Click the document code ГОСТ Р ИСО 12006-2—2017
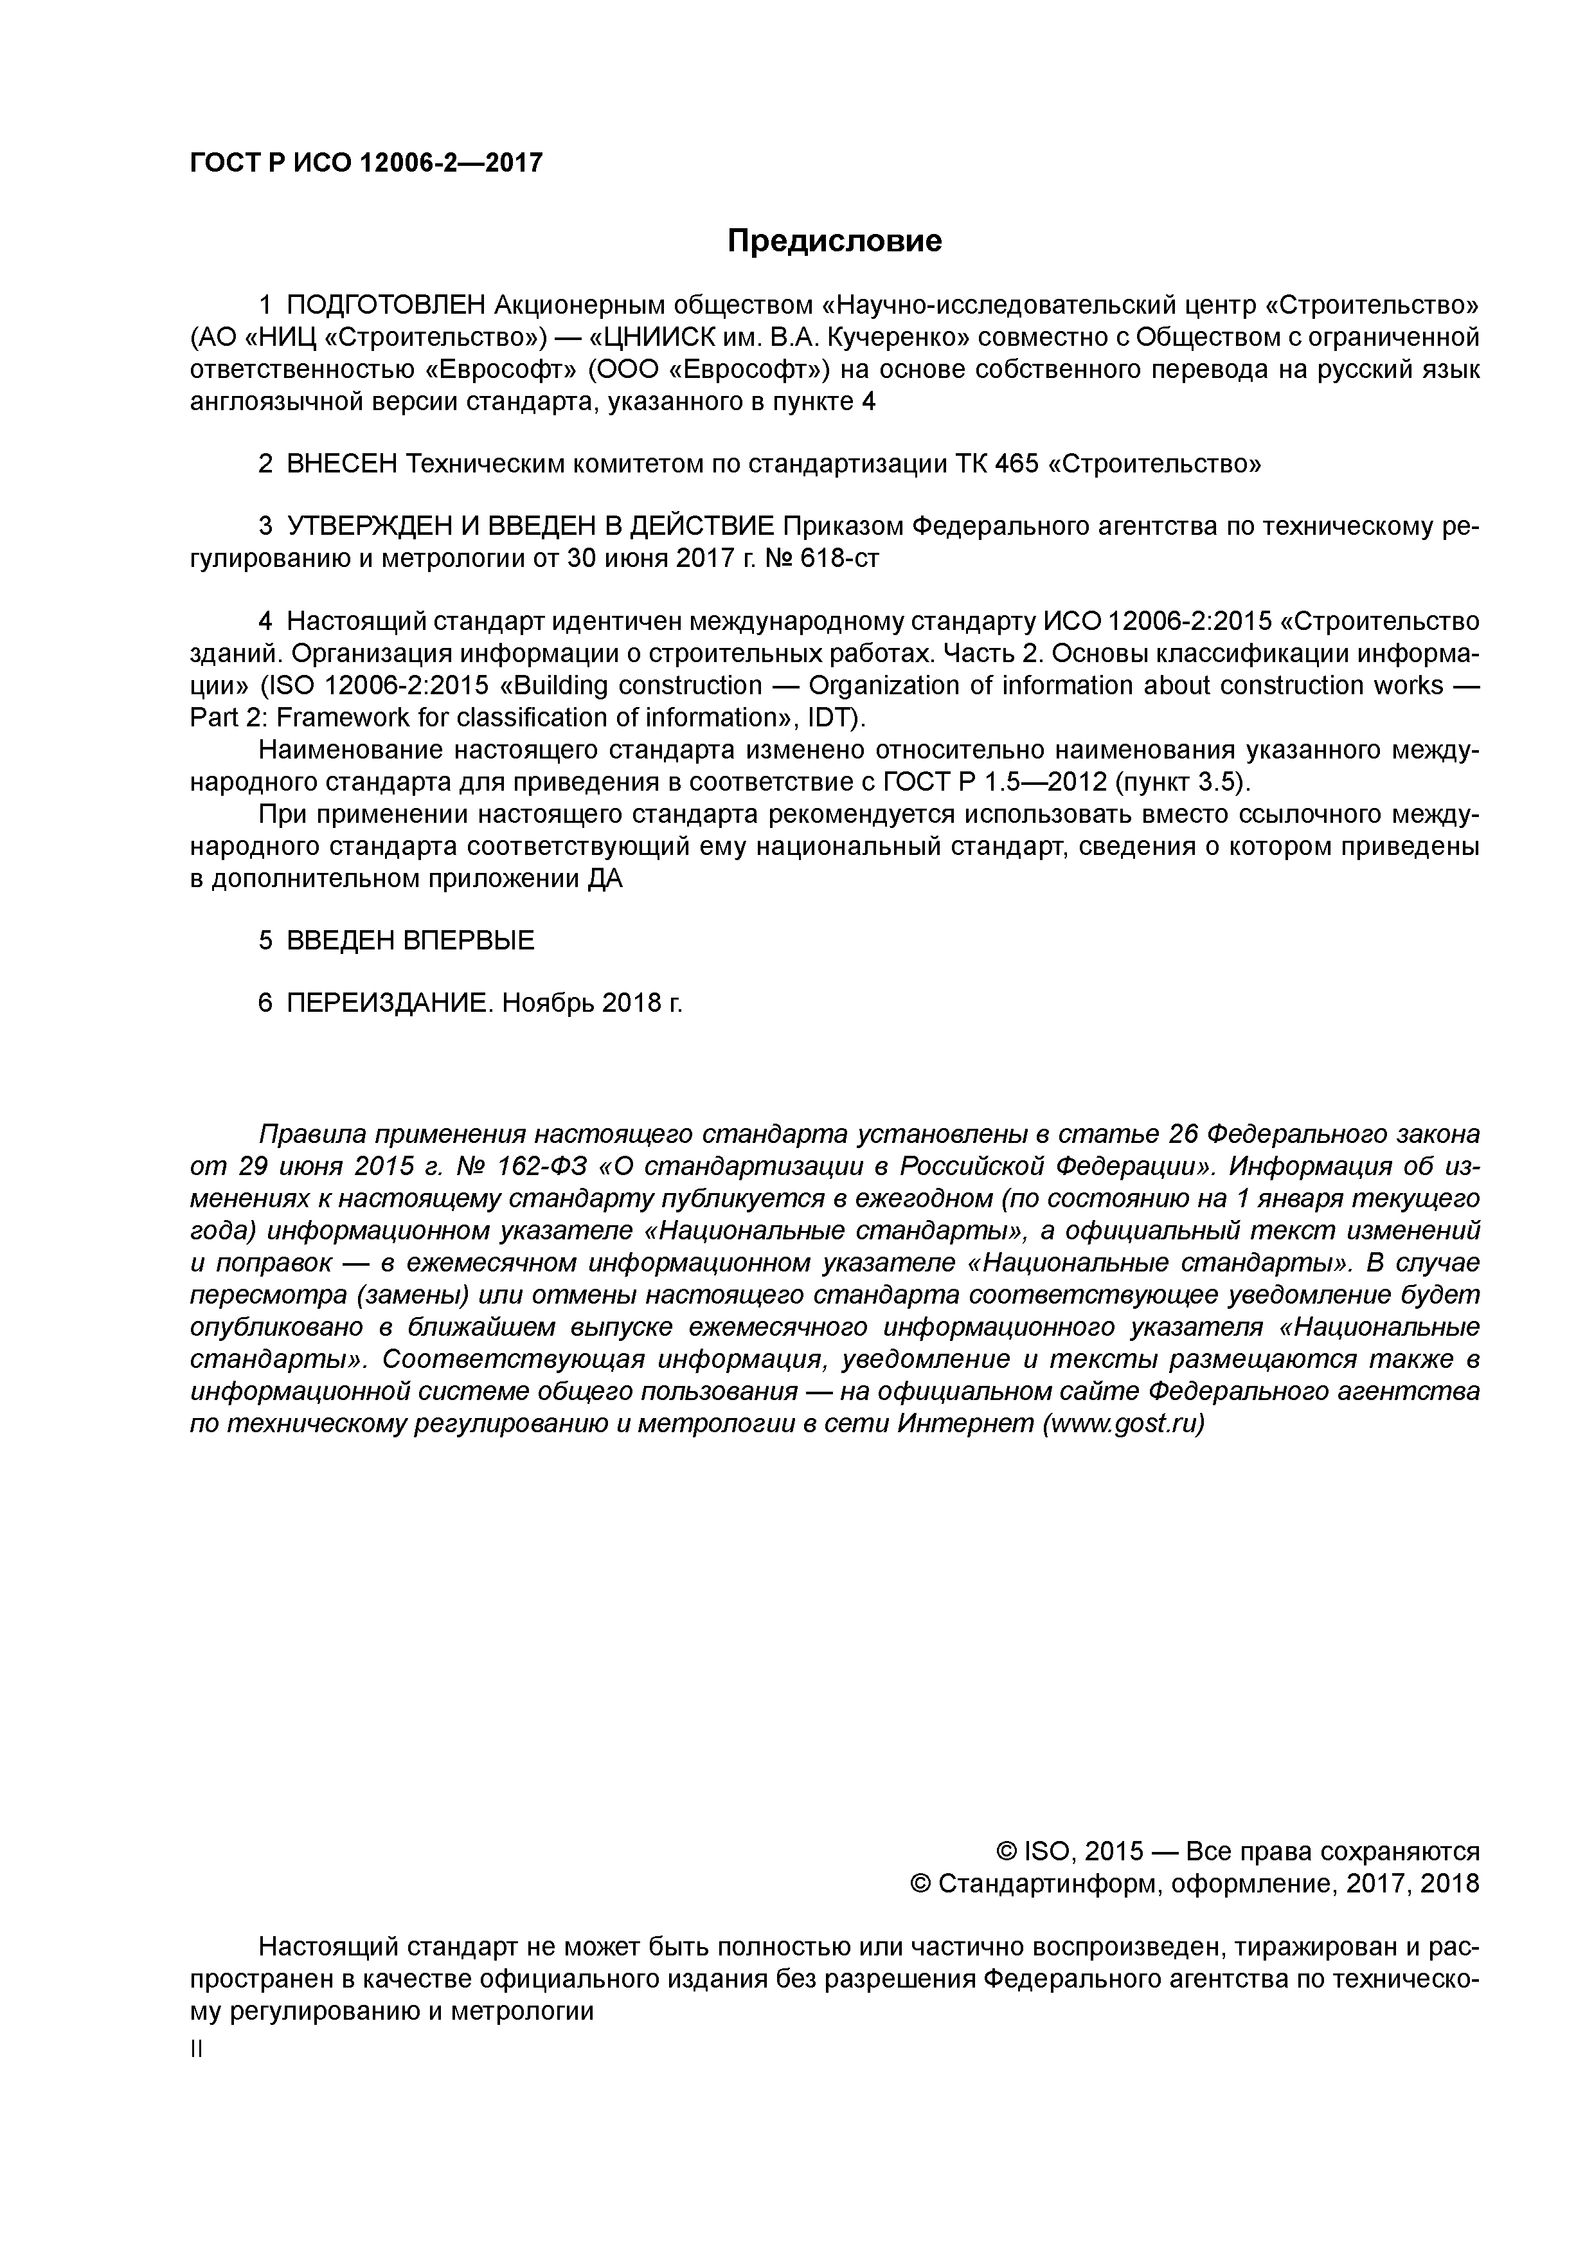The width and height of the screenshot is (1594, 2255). click(x=365, y=163)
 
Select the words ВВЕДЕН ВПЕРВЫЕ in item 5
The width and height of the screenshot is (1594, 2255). click(x=411, y=941)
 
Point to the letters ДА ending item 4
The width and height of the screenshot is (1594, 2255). click(x=605, y=879)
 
